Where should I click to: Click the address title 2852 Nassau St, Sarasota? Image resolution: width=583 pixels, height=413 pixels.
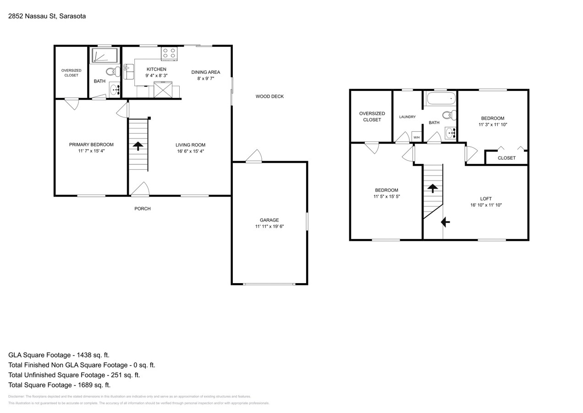[47, 16]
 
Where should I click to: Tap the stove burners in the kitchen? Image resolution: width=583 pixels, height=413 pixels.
[169, 53]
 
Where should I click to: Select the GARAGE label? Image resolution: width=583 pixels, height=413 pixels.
[269, 220]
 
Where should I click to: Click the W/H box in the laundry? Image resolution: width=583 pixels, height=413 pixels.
[417, 137]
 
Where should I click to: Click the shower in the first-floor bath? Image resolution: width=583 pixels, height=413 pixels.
[105, 56]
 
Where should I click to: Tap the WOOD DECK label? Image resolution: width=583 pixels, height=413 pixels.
[269, 96]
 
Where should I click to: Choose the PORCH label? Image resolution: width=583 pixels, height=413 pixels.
[143, 209]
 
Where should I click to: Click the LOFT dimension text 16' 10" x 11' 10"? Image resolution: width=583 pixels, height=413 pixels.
[486, 205]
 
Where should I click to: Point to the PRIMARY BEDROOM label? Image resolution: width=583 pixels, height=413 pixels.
[91, 145]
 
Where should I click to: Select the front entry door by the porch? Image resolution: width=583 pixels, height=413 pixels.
[140, 189]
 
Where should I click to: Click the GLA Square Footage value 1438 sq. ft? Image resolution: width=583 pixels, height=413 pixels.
[91, 355]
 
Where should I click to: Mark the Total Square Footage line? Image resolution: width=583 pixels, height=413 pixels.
[60, 385]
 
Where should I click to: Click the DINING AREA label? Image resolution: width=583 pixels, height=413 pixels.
[205, 72]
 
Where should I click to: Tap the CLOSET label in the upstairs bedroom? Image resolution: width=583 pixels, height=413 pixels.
[506, 158]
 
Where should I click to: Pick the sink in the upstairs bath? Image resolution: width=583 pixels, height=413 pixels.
[451, 133]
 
